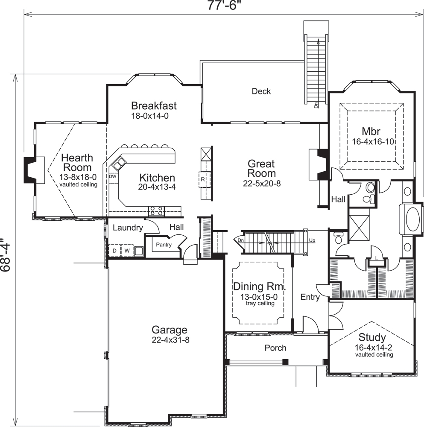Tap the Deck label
(x=261, y=91)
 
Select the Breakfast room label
(x=154, y=105)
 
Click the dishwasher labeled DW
(x=113, y=176)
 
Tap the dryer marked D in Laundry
(x=115, y=251)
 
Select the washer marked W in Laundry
(x=127, y=251)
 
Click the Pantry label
(x=163, y=245)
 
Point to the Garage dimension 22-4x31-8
(x=170, y=340)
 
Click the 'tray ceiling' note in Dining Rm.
(x=260, y=304)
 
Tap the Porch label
(x=275, y=348)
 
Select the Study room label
(x=372, y=338)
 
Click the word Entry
(x=310, y=297)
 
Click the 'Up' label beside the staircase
(x=312, y=241)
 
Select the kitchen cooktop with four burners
(x=156, y=211)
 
